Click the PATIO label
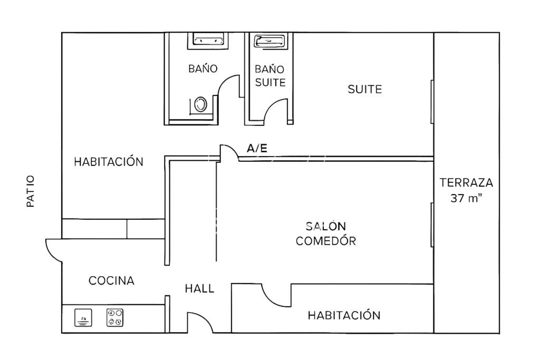pyautogui.click(x=31, y=191)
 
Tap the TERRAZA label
pyautogui.click(x=466, y=182)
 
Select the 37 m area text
pyautogui.click(x=466, y=198)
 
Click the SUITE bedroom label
pyautogui.click(x=365, y=90)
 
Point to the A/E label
pyautogui.click(x=257, y=148)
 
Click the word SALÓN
pyautogui.click(x=326, y=226)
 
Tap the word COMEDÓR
pyautogui.click(x=326, y=240)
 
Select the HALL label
pyautogui.click(x=199, y=288)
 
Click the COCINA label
pyautogui.click(x=111, y=280)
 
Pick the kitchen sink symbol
pyautogui.click(x=83, y=317)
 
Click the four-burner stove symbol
pyautogui.click(x=114, y=317)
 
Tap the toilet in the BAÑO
pyautogui.click(x=200, y=104)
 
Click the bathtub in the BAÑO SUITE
pyautogui.click(x=269, y=41)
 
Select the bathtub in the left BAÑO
pyautogui.click(x=207, y=39)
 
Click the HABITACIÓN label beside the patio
pyautogui.click(x=109, y=162)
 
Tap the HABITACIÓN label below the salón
pyautogui.click(x=344, y=315)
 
